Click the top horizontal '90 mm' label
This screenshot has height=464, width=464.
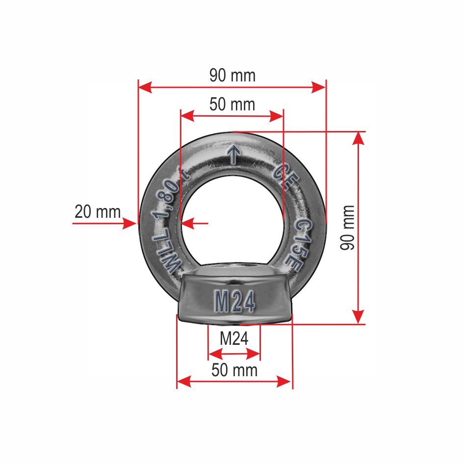tap(232, 76)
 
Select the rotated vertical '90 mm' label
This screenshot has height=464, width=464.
tap(347, 228)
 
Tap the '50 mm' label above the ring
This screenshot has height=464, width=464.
tap(232, 104)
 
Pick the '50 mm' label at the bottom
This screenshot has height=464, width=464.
tap(234, 370)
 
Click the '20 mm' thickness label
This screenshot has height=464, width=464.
tap(97, 212)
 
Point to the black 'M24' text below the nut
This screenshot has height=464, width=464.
tap(233, 338)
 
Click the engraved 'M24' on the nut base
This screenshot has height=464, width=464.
tap(234, 302)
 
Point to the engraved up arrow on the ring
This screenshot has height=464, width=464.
tap(233, 154)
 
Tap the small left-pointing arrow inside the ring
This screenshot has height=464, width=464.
tap(187, 224)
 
